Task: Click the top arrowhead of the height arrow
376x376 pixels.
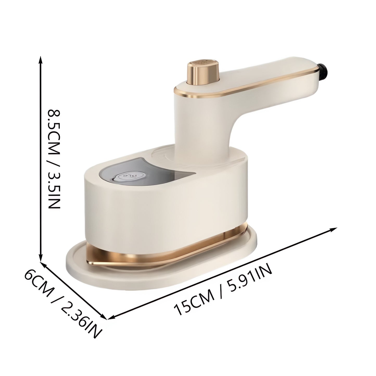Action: pos(40,59)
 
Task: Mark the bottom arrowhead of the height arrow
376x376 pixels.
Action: pos(40,259)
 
